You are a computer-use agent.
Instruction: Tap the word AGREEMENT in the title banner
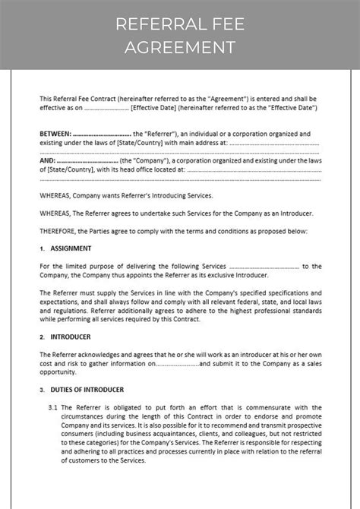(x=180, y=48)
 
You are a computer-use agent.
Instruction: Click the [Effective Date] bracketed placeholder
(x=156, y=108)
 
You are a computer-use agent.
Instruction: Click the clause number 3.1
(x=52, y=408)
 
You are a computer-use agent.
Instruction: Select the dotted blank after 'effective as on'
(x=106, y=108)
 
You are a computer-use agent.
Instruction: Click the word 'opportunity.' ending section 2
(x=58, y=372)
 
